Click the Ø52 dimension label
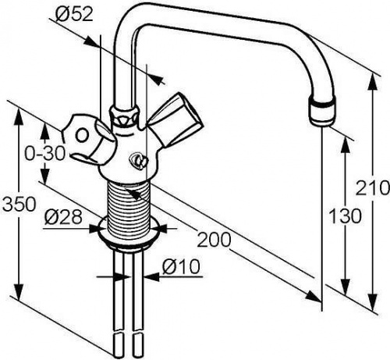pyautogui.click(x=74, y=13)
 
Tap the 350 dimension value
pyautogui.click(x=18, y=204)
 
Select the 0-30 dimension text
pyautogui.click(x=44, y=153)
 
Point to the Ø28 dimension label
pyautogui.click(x=63, y=217)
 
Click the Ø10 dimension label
pyautogui.click(x=182, y=267)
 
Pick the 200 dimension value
pyautogui.click(x=214, y=240)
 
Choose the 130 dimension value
pyautogui.click(x=345, y=216)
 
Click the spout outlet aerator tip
pyautogui.click(x=321, y=112)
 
